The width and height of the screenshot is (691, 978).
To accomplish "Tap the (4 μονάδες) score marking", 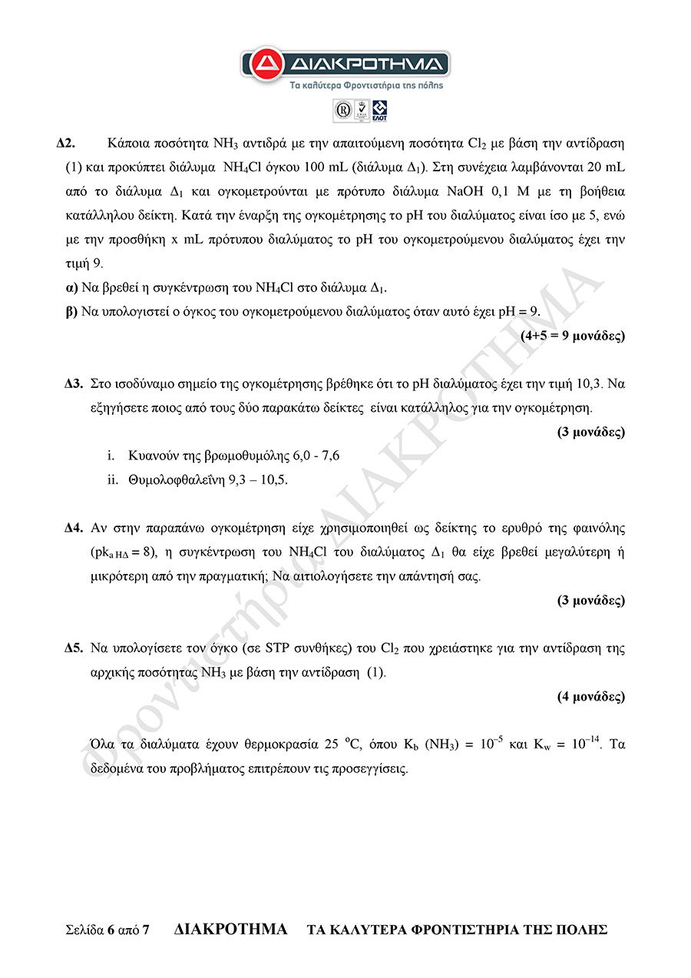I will (x=590, y=697).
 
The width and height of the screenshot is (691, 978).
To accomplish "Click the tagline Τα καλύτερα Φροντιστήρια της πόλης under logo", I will (x=345, y=85).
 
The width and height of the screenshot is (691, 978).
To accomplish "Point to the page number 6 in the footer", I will (x=111, y=930).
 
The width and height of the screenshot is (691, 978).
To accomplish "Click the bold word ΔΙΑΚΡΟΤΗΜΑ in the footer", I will (x=231, y=929).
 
